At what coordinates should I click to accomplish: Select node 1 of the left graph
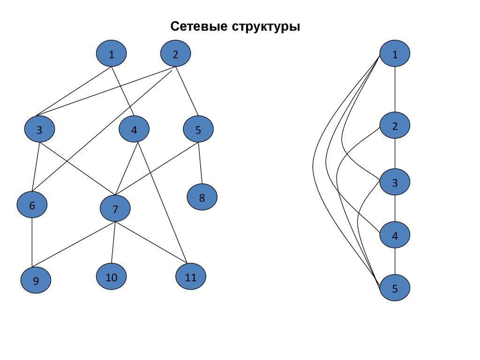click(112, 54)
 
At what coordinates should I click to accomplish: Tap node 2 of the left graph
click(175, 54)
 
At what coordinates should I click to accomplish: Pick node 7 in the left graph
click(115, 209)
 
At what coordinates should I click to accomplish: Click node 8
click(202, 197)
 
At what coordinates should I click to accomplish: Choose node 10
click(112, 277)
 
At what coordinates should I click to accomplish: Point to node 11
click(191, 277)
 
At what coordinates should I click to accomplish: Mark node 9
click(36, 280)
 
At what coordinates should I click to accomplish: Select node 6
click(32, 205)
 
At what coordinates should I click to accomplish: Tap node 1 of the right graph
click(395, 54)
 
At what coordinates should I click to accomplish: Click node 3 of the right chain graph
click(395, 182)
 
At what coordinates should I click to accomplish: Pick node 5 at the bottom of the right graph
click(395, 288)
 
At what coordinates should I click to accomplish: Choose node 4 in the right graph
click(395, 235)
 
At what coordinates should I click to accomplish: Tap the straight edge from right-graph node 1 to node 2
click(395, 90)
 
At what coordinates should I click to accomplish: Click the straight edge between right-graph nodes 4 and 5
click(395, 262)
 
